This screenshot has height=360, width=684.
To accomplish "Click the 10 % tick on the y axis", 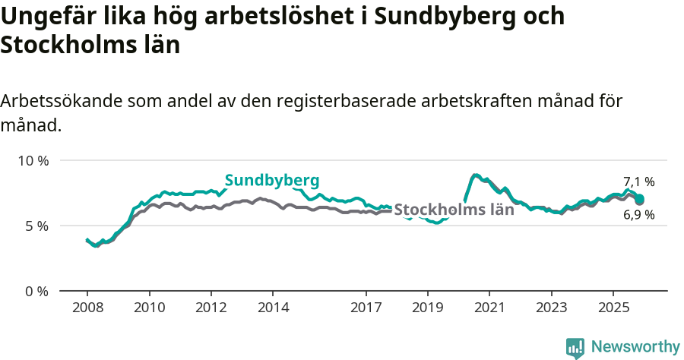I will [33, 161].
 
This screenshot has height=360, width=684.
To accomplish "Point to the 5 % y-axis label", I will [36, 226].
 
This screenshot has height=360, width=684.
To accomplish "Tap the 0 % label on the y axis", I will [36, 291].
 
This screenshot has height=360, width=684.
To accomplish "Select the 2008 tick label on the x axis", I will [87, 308].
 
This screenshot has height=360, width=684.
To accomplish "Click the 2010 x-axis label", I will [149, 308].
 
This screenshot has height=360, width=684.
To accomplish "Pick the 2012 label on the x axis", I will [211, 308].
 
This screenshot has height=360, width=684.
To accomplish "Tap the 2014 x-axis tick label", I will [273, 308].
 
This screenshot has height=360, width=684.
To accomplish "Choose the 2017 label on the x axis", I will [366, 308].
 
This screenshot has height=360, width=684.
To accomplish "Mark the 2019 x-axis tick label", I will [427, 308].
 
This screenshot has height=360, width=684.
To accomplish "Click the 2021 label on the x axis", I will [489, 308].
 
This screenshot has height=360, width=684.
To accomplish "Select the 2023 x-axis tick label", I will [551, 308].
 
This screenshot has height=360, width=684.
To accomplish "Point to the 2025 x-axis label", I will [613, 308].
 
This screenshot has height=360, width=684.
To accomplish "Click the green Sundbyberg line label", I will [271, 180].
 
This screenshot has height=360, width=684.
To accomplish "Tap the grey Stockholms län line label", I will [454, 210].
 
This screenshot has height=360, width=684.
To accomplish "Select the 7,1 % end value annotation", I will [638, 182].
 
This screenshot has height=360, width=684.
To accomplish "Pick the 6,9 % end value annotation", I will [638, 215].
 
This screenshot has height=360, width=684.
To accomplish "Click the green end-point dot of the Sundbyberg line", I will [640, 199].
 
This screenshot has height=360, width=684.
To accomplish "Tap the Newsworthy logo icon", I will [575, 347].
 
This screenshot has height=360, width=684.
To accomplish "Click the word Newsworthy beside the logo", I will [635, 347].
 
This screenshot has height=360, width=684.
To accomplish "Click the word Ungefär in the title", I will [43, 17].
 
